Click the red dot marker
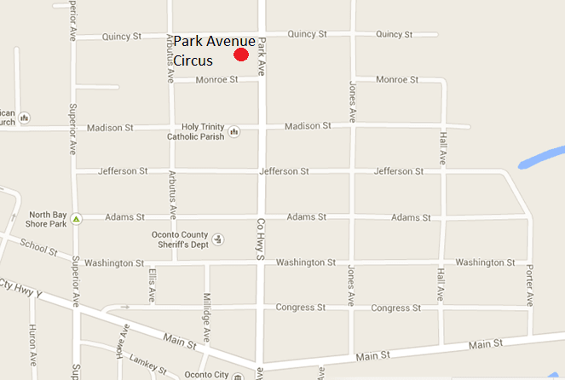pyautogui.click(x=241, y=55)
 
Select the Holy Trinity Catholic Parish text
pyautogui.click(x=197, y=132)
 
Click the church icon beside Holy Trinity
pyautogui.click(x=234, y=131)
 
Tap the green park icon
pyautogui.click(x=76, y=219)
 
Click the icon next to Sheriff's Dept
pyautogui.click(x=218, y=239)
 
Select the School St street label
pyautogui.click(x=37, y=248)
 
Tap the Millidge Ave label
pyautogui.click(x=206, y=311)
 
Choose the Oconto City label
pyautogui.click(x=205, y=375)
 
